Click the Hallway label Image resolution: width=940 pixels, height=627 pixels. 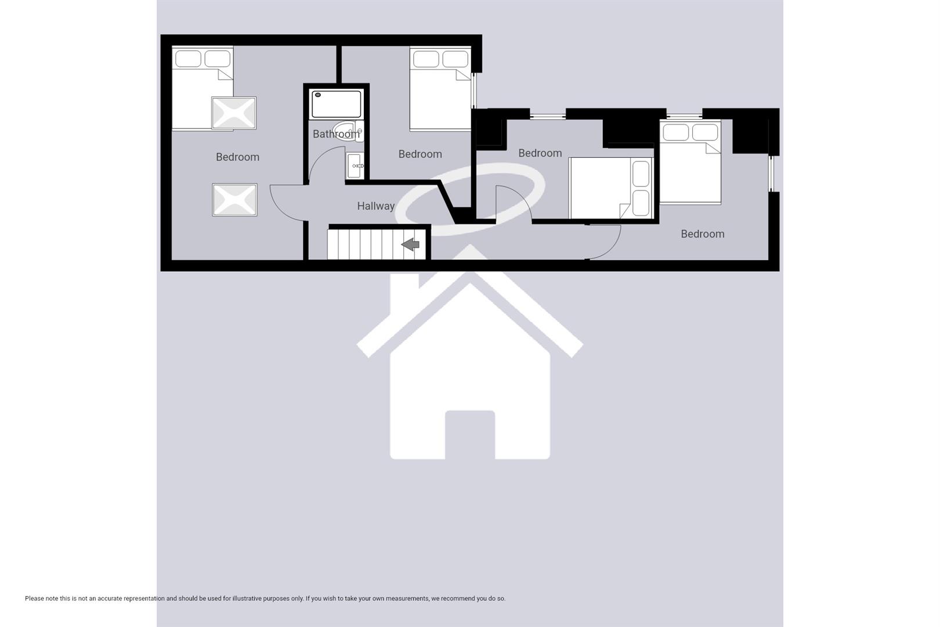(x=375, y=206)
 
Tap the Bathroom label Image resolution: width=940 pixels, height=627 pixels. (x=336, y=134)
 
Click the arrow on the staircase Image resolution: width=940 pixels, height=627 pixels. (x=411, y=244)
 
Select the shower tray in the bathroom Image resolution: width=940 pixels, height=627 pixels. (x=336, y=104)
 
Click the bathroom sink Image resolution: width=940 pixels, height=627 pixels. (x=355, y=166)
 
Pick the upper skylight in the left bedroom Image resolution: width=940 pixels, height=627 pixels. (x=233, y=113)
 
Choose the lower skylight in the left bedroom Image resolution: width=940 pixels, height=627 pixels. (x=234, y=200)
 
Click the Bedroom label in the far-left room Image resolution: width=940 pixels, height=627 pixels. (x=237, y=157)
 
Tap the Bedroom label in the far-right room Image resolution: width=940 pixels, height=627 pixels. (x=702, y=234)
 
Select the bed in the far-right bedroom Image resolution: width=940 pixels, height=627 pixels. (x=690, y=163)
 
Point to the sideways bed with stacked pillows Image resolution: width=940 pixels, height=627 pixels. (x=611, y=189)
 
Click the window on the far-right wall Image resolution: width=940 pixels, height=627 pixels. (x=772, y=173)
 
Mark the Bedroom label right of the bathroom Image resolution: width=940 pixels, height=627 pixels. (x=420, y=154)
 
